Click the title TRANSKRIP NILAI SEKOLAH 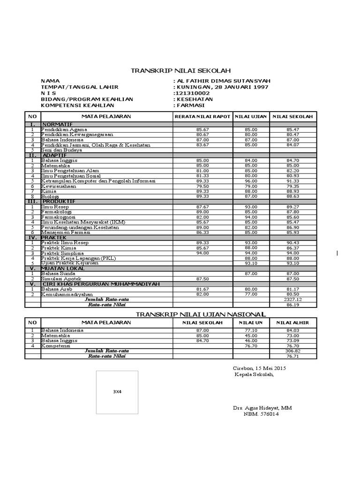point(180,71)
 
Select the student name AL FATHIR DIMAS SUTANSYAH point(223,81)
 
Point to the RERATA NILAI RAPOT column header point(202,116)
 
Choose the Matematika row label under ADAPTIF point(55,165)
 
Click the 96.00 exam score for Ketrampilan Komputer point(251,180)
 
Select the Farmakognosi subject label point(58,217)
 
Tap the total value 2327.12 point(293,299)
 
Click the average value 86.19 point(293,304)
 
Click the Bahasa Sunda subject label point(58,273)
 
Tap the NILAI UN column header point(251,323)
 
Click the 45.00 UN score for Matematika point(251,336)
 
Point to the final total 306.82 point(293,351)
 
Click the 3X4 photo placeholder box point(117,391)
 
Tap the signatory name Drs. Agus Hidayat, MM point(262,408)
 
